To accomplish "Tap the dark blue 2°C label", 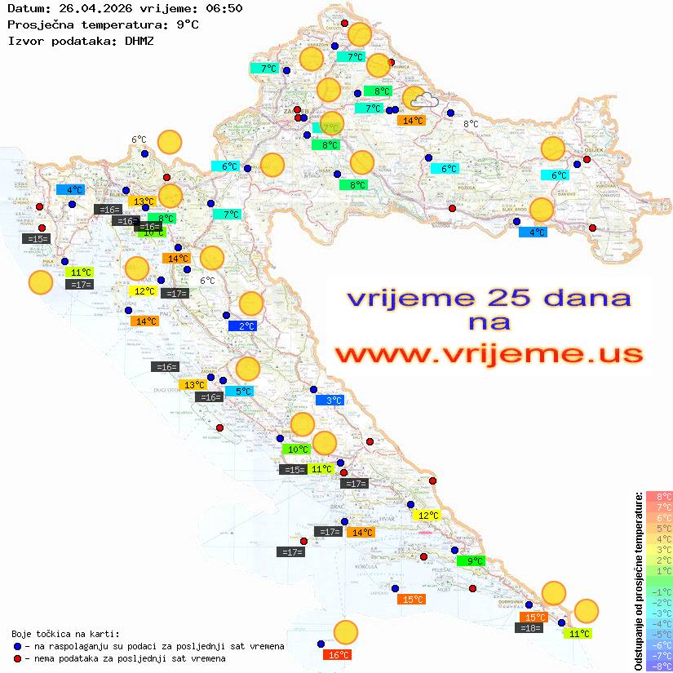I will pyautogui.click(x=246, y=326).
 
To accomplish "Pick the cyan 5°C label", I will pyautogui.click(x=242, y=392).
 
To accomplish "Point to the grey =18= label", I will pyautogui.click(x=530, y=628).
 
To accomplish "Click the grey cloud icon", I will pyautogui.click(x=424, y=101).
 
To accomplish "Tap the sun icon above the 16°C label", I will pyautogui.click(x=346, y=632).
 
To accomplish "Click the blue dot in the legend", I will pyautogui.click(x=18, y=646).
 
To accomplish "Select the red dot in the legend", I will pyautogui.click(x=18, y=658).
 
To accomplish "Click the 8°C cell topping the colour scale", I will pyautogui.click(x=659, y=497).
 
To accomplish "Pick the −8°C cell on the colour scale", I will pyautogui.click(x=659, y=666).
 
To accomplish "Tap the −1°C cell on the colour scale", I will pyautogui.click(x=659, y=591).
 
